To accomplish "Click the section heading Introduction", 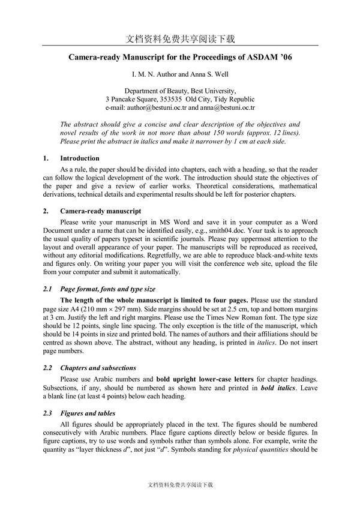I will [x=80, y=158].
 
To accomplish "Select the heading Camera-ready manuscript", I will [x=100, y=211].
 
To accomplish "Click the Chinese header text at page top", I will [x=181, y=39].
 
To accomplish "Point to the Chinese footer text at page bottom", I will [x=180, y=484].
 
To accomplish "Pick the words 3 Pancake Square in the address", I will [x=131, y=99].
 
